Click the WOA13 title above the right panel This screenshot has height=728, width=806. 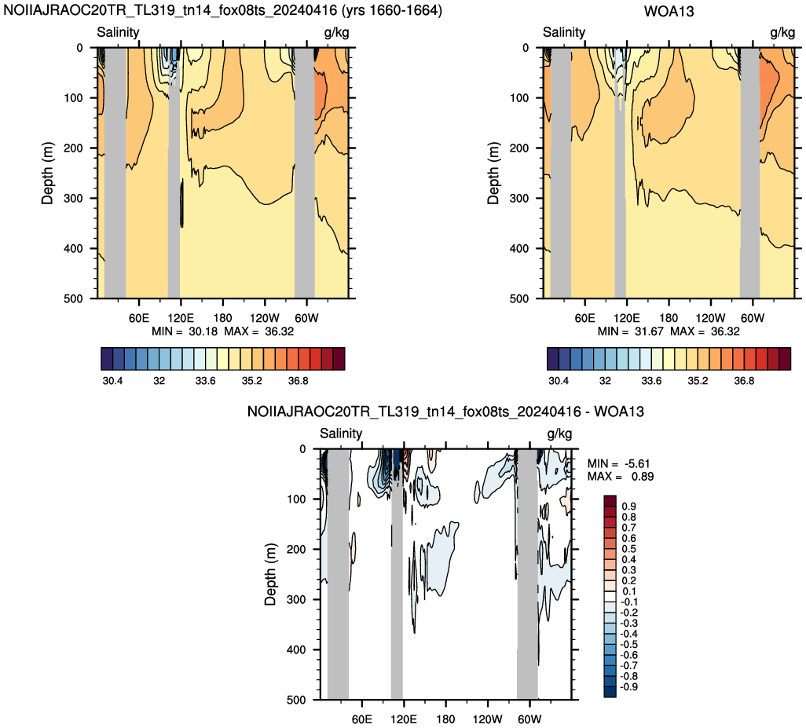coord(669,11)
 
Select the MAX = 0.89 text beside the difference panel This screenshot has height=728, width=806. coord(621,476)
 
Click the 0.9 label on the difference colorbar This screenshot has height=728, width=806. coord(628,507)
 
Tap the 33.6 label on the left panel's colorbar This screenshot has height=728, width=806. coord(205,381)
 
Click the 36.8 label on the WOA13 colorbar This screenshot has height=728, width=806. coord(744,381)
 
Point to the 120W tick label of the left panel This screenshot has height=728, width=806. coord(265,318)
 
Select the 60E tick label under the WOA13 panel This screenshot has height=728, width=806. coord(584,318)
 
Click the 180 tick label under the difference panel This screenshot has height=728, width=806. coord(445,719)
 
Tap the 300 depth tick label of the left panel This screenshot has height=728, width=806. coord(73,199)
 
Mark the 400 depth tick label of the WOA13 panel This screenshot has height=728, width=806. coord(519,249)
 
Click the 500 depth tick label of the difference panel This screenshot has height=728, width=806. coord(296,700)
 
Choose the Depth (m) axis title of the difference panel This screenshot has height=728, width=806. coord(270,574)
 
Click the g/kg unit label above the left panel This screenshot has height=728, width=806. coord(337,33)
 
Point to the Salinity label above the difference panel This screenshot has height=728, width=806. coord(341,434)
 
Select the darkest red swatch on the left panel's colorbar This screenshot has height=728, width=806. coord(339,359)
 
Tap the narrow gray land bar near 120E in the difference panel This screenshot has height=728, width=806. coord(397,574)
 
